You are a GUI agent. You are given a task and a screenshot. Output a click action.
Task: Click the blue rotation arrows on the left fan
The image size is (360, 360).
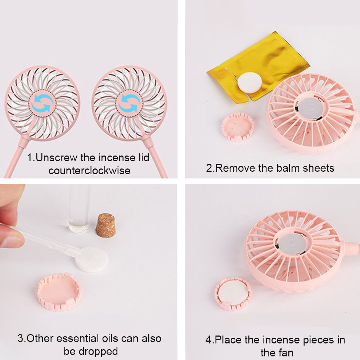click(42, 103)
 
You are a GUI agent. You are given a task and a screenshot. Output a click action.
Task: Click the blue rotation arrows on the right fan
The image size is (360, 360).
click(129, 103)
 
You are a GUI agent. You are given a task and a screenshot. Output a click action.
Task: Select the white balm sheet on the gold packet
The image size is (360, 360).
click(250, 82)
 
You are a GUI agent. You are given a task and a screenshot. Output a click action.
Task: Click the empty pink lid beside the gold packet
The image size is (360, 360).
click(238, 127)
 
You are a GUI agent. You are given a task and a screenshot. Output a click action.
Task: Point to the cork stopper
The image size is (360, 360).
click(105, 225)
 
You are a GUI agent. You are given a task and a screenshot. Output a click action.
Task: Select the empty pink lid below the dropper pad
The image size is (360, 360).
click(59, 292)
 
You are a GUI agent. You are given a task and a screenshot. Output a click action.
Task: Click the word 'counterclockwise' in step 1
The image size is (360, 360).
click(90, 171)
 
